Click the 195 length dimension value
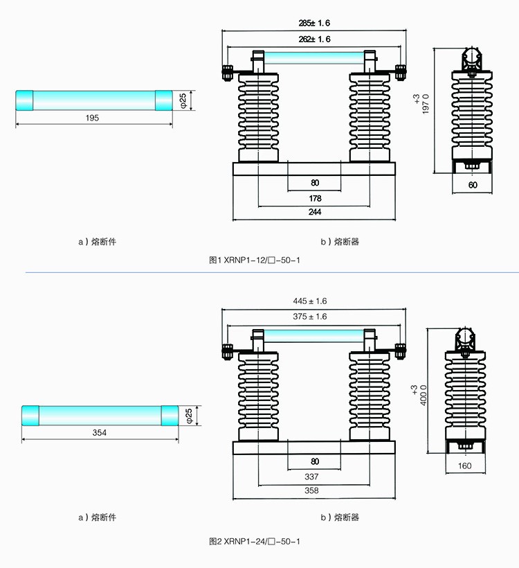[93, 118]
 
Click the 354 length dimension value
[100, 432]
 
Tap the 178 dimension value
[315, 198]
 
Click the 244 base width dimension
[315, 213]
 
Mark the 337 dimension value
[315, 477]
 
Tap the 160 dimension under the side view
[464, 465]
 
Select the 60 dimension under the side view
[473, 186]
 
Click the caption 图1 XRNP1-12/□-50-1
[255, 260]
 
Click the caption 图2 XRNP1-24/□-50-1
[255, 541]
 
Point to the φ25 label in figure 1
[183, 100]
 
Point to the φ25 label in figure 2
[190, 415]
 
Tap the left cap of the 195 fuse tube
[25, 100]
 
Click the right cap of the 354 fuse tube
[170, 416]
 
